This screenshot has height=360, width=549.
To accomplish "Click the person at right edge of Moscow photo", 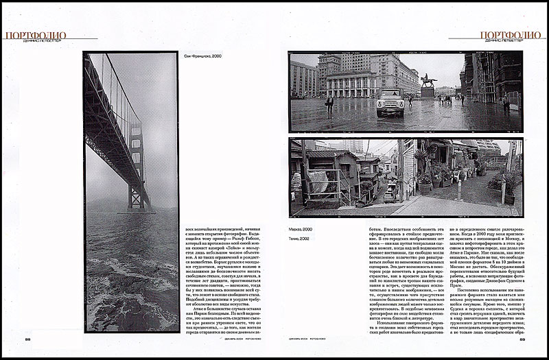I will click(506, 102).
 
